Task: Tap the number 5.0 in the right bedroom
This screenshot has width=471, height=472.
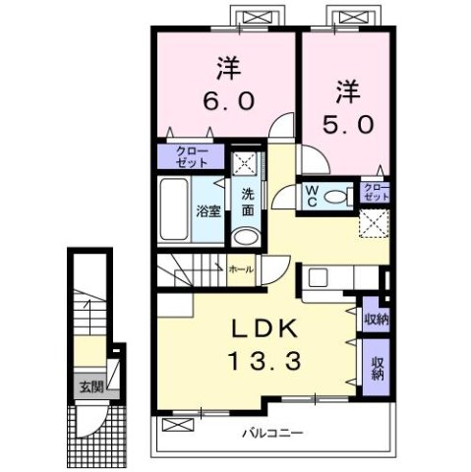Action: click(x=346, y=125)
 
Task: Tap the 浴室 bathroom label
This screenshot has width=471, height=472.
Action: click(x=207, y=210)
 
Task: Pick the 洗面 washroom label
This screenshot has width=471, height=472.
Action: click(x=248, y=203)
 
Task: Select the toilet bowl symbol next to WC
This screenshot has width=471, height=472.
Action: click(x=336, y=197)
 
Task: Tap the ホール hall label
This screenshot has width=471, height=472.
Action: click(x=240, y=267)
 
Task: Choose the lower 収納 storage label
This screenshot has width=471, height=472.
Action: click(x=377, y=368)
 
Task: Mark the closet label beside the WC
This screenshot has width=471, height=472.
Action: click(x=376, y=192)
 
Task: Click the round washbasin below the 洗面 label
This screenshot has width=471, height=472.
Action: click(x=246, y=237)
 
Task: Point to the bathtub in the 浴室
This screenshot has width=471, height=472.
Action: click(x=173, y=211)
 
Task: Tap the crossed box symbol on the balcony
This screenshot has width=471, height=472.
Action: click(x=177, y=425)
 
